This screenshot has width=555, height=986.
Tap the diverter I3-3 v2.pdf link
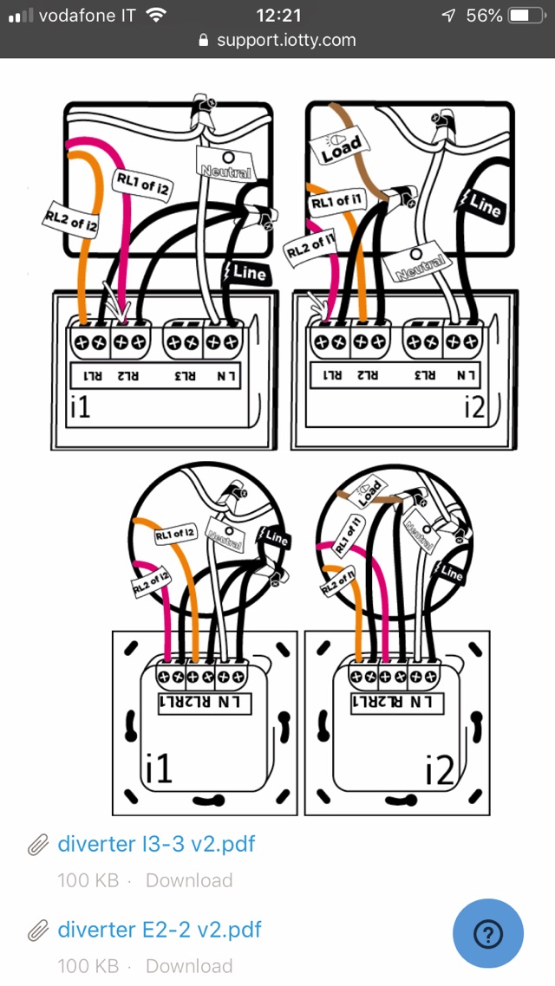pyautogui.click(x=156, y=844)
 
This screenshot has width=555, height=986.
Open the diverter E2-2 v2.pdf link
pyautogui.click(x=159, y=930)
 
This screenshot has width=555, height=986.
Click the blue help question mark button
pyautogui.click(x=488, y=934)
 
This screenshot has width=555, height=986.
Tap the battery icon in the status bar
pyautogui.click(x=526, y=16)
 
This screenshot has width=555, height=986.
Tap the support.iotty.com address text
pyautogui.click(x=286, y=40)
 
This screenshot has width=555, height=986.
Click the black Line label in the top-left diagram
pyautogui.click(x=248, y=272)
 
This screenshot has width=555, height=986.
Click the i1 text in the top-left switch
pyautogui.click(x=80, y=405)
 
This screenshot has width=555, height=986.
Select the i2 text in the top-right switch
pyautogui.click(x=473, y=405)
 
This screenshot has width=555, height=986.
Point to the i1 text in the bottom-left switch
pyautogui.click(x=159, y=769)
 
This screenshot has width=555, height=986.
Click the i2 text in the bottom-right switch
pyautogui.click(x=440, y=769)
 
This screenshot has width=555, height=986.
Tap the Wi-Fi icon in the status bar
pyautogui.click(x=156, y=16)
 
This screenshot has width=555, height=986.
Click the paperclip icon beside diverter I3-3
pyautogui.click(x=37, y=845)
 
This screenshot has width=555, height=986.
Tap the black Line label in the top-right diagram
pyautogui.click(x=483, y=205)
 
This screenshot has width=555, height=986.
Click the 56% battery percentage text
pyautogui.click(x=483, y=16)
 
